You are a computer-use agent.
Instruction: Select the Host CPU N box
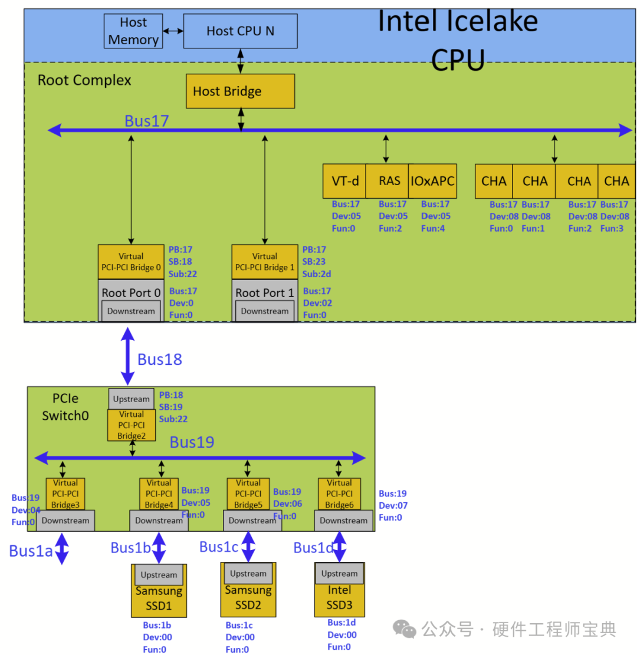(240, 31)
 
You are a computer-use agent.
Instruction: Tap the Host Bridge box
(240, 91)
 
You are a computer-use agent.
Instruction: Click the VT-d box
(344, 181)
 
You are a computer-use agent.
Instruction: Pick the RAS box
(386, 181)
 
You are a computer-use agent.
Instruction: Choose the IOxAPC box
(432, 181)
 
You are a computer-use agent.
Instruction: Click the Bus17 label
(147, 121)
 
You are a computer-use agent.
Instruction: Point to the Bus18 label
(159, 360)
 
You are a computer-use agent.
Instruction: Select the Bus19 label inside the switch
(192, 442)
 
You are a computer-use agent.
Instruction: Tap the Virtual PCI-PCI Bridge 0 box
(131, 261)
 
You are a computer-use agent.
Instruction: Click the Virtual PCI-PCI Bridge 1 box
(265, 261)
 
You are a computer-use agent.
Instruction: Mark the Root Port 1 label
(264, 292)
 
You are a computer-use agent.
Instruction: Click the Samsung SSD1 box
(158, 597)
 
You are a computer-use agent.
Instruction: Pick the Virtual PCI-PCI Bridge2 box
(131, 425)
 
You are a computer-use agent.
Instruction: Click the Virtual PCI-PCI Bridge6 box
(339, 494)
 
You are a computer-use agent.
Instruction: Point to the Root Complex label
(84, 80)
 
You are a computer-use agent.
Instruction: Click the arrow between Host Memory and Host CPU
(173, 30)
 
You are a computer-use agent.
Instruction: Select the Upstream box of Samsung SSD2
(248, 573)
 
